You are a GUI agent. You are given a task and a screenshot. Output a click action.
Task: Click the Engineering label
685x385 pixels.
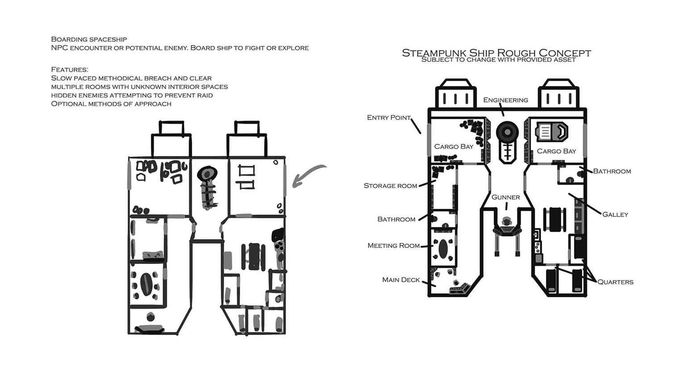pyautogui.click(x=505, y=100)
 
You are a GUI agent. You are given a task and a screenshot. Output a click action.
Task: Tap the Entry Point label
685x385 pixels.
pyautogui.click(x=388, y=117)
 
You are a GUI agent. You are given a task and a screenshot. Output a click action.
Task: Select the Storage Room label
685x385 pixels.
pyautogui.click(x=390, y=186)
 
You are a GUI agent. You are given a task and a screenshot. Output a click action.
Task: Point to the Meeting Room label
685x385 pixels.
pyautogui.click(x=393, y=246)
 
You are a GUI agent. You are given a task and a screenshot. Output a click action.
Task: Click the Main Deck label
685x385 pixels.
pyautogui.click(x=401, y=280)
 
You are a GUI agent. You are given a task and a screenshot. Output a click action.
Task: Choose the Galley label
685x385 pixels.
pyautogui.click(x=615, y=214)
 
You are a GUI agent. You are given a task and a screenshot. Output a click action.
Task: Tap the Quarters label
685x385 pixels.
pyautogui.click(x=615, y=282)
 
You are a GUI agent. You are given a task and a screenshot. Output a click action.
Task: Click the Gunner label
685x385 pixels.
pyautogui.click(x=505, y=197)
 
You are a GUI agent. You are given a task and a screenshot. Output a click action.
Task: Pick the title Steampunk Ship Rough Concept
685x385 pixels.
pyautogui.click(x=496, y=53)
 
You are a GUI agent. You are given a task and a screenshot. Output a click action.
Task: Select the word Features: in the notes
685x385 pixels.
pyautogui.click(x=69, y=69)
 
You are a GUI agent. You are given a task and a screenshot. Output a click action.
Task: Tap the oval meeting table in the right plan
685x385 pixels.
pyautogui.click(x=443, y=249)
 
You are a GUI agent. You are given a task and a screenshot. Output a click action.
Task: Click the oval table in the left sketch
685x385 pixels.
pyautogui.click(x=146, y=284)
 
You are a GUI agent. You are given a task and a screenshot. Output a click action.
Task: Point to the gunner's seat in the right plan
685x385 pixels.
pyautogui.click(x=507, y=227)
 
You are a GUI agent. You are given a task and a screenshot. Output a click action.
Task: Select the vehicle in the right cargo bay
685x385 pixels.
pyautogui.click(x=551, y=132)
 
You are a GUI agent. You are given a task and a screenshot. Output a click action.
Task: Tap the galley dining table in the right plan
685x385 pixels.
pyautogui.click(x=555, y=220)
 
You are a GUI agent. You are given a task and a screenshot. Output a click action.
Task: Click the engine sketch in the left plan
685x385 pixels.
pyautogui.click(x=208, y=187)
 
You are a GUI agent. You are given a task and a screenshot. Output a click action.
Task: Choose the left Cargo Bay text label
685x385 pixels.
pyautogui.click(x=454, y=146)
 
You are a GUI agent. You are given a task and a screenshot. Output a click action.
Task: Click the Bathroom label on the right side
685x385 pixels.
pyautogui.click(x=612, y=171)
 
